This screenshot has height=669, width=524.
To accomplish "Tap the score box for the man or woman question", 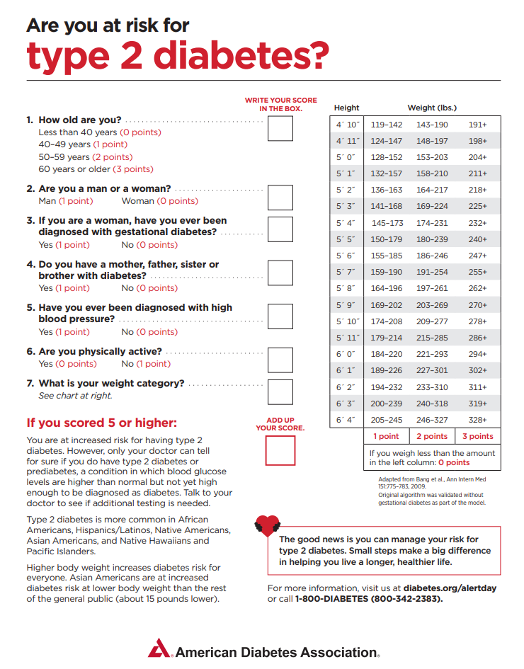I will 280,198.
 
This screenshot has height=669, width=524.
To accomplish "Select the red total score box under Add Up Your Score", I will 280,450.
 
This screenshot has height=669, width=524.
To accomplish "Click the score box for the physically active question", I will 280,360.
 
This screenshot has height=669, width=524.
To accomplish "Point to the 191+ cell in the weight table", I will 478,125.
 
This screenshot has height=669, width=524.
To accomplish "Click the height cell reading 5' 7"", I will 346,272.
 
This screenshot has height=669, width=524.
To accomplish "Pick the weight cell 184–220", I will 386,354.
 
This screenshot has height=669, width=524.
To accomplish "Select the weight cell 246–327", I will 432,420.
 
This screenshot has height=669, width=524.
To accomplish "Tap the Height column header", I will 346,108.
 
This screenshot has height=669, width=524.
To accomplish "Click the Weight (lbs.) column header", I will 432,108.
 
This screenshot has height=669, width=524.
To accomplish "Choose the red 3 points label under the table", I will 478,436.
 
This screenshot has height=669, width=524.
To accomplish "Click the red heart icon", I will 267,525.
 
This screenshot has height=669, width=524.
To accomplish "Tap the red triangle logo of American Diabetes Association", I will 159,648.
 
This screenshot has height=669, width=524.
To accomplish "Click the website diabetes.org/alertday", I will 450,588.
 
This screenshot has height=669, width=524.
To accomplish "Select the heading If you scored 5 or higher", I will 102,423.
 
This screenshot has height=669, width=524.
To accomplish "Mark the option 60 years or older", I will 96,169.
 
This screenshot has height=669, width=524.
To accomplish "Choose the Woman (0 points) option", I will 159,201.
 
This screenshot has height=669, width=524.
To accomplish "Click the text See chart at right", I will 75,396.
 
